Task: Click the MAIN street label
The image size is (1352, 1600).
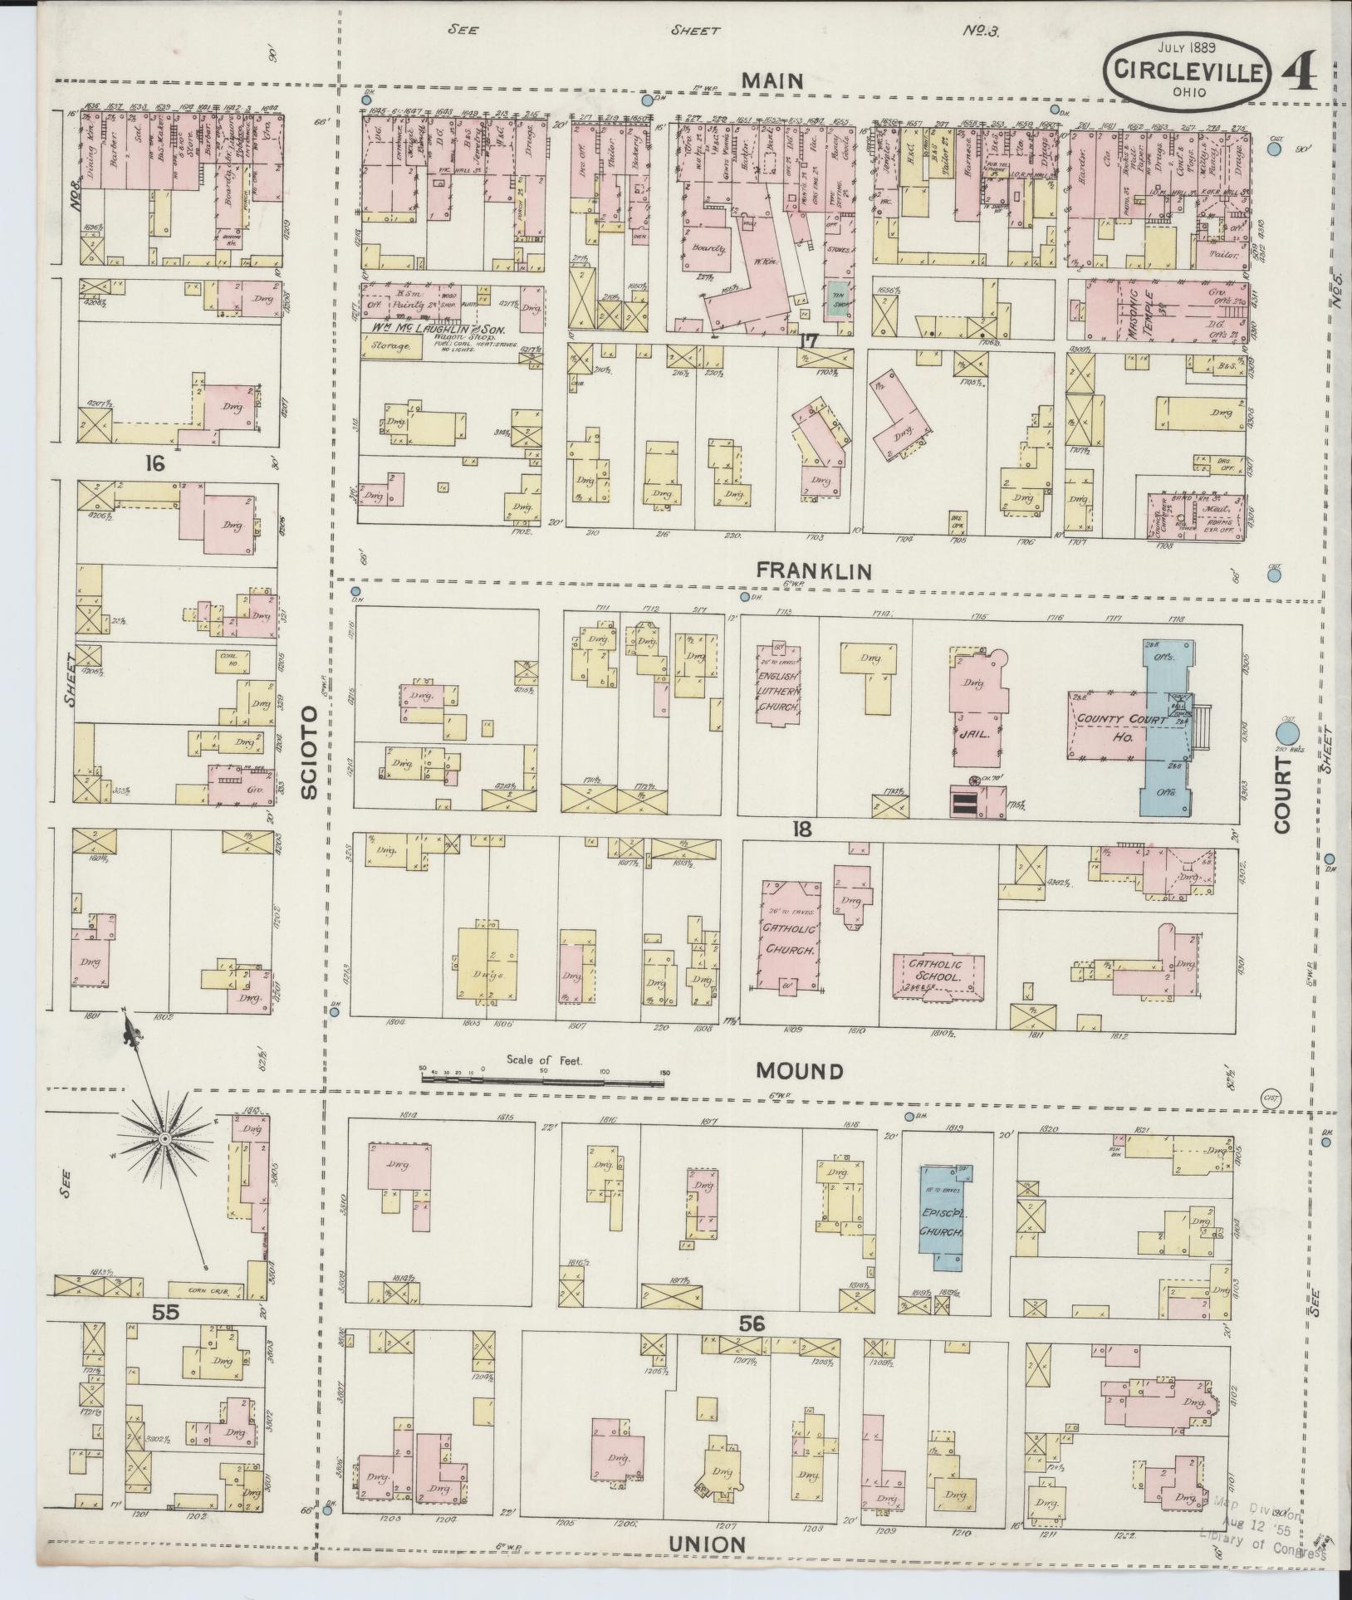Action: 772,81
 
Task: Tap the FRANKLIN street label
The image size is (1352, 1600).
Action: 813,571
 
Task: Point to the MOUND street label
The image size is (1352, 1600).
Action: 799,1071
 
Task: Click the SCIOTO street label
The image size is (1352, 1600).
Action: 309,753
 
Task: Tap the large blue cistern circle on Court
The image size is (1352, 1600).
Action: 1287,733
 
